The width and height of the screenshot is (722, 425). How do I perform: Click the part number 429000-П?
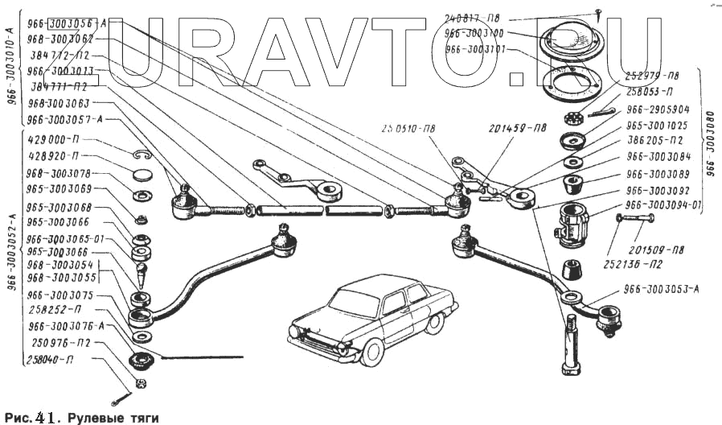pyautogui.click(x=52, y=139)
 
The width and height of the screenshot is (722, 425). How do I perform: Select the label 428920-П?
pyautogui.click(x=52, y=155)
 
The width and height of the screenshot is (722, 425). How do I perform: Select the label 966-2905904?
pyautogui.click(x=658, y=109)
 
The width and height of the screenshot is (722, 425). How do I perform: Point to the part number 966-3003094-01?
pyautogui.click(x=664, y=205)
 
